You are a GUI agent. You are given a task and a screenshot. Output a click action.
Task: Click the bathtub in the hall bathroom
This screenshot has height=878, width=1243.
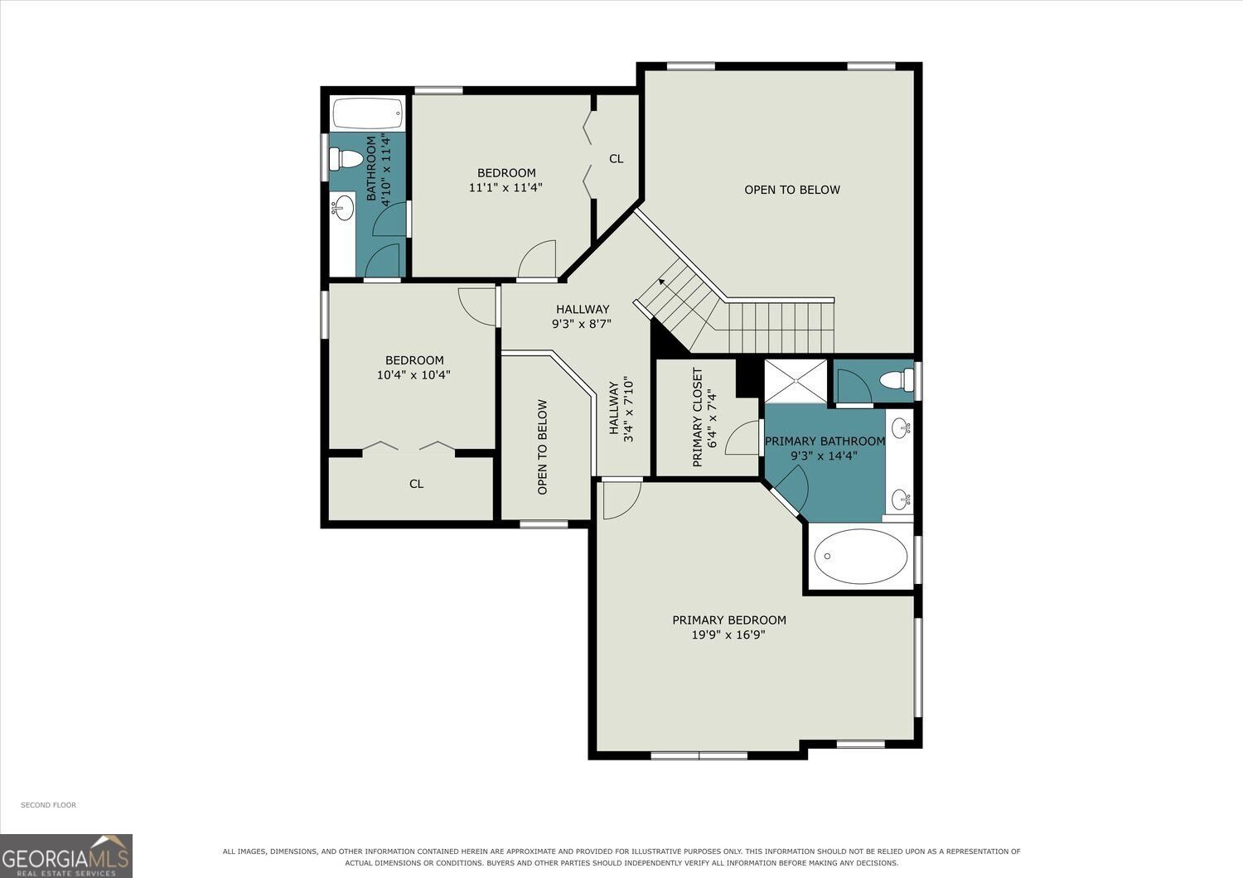(x=367, y=113)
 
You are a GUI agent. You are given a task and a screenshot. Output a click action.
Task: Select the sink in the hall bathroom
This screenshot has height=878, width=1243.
(x=344, y=206)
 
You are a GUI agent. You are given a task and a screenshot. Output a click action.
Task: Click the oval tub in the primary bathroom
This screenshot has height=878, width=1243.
(x=860, y=557)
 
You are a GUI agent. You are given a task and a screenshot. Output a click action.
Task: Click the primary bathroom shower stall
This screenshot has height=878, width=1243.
(x=796, y=381)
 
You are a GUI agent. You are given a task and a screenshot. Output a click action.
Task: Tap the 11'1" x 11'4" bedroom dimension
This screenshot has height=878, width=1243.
(x=505, y=187)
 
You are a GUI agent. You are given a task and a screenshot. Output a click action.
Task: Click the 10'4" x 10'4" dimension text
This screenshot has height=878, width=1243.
(x=414, y=375)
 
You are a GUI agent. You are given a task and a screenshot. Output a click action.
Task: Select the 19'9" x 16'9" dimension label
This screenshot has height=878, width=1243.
(x=728, y=634)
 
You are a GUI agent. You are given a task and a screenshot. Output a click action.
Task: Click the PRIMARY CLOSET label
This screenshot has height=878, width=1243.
(x=698, y=417)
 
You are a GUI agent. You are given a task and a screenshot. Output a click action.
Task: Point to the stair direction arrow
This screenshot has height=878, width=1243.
(x=662, y=282)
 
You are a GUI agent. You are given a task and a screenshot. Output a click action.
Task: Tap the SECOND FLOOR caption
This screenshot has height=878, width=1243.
(x=48, y=805)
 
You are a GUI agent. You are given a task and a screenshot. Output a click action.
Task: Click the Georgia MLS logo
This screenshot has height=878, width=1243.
(x=66, y=855)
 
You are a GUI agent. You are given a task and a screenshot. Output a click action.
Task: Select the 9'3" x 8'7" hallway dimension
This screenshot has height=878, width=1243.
(x=582, y=324)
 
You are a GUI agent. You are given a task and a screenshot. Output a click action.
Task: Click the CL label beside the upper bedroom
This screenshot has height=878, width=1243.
(x=616, y=159)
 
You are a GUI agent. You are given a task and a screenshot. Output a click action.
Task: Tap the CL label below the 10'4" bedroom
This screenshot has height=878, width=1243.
(x=416, y=484)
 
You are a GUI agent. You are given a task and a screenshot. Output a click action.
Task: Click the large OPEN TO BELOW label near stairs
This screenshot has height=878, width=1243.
(x=792, y=190)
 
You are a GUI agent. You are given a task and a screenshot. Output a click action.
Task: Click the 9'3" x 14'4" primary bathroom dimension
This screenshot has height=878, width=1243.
(x=824, y=456)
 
